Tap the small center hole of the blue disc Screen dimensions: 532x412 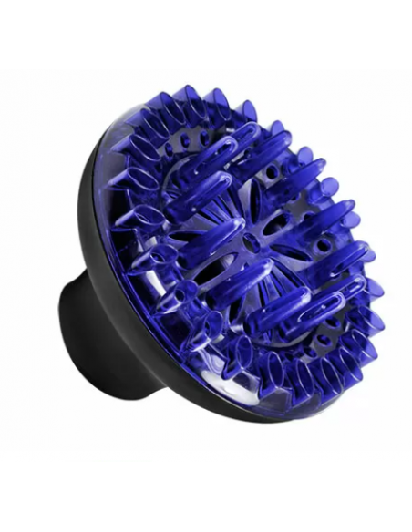(x=248, y=243)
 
